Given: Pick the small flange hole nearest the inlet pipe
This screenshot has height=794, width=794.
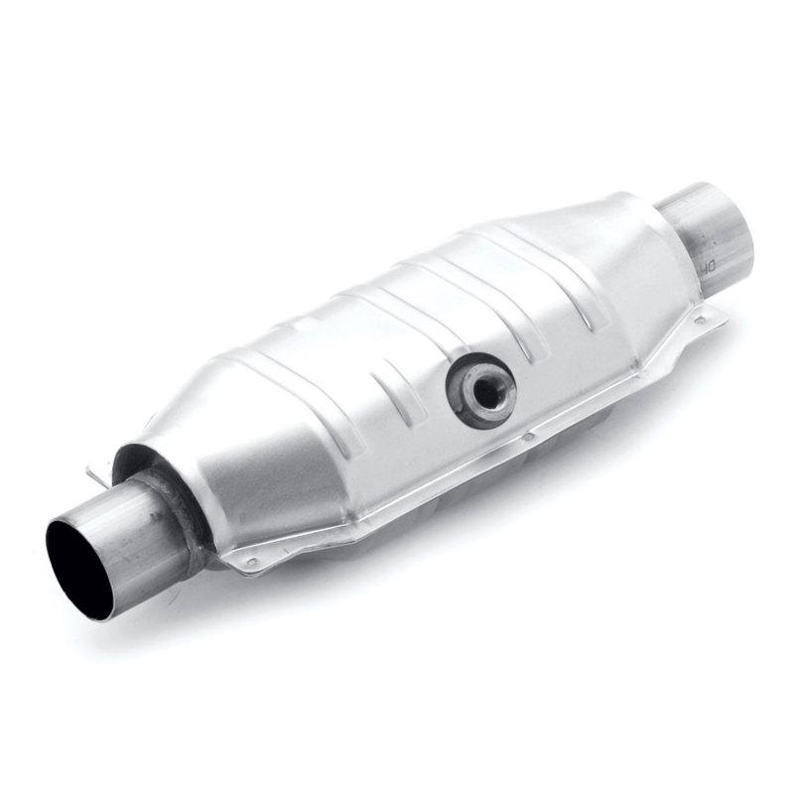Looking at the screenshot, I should (x=251, y=562).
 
